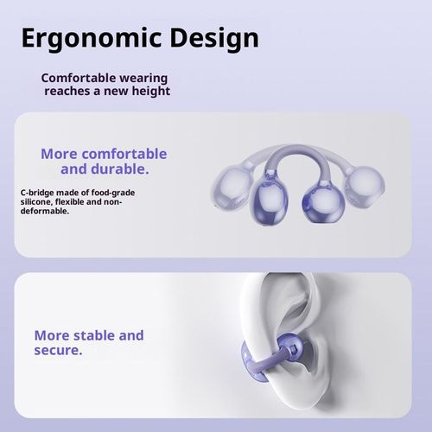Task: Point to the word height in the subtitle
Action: point(148,92)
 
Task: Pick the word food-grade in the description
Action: point(113,192)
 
